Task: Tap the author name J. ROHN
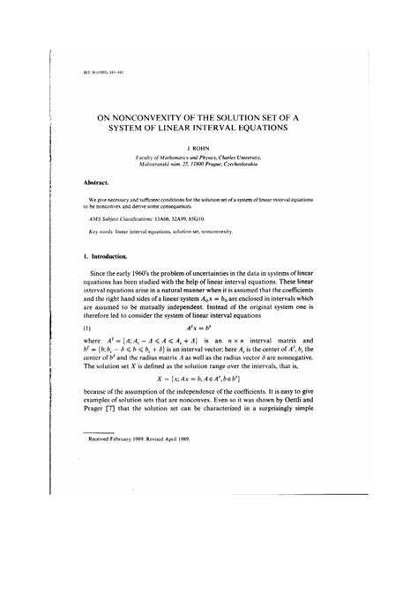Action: [208, 149]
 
